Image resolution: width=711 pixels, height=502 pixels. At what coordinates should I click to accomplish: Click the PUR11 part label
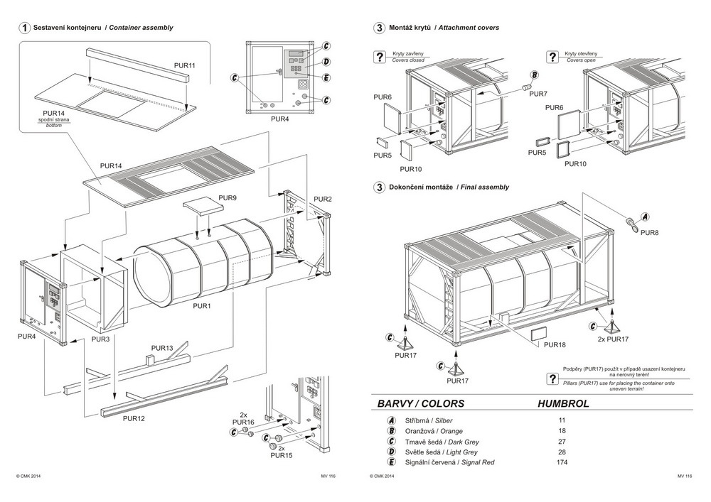[184, 65]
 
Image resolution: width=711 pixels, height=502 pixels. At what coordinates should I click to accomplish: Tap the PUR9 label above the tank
[228, 197]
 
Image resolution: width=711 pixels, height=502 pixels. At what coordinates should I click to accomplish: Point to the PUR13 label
[161, 348]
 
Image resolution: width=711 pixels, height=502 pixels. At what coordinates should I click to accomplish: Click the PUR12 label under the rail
[134, 419]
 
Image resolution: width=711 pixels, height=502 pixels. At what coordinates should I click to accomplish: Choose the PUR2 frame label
[323, 199]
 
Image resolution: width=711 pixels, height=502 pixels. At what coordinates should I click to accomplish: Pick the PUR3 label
[101, 340]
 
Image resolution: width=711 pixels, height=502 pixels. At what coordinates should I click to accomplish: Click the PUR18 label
[555, 344]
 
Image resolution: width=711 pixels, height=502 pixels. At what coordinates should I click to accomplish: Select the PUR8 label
[649, 232]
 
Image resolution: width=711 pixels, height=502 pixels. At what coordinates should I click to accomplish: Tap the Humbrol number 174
[562, 462]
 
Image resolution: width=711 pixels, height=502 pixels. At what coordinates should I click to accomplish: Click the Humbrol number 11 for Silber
[562, 420]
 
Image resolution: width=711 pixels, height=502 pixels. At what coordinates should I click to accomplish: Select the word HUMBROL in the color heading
[564, 403]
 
